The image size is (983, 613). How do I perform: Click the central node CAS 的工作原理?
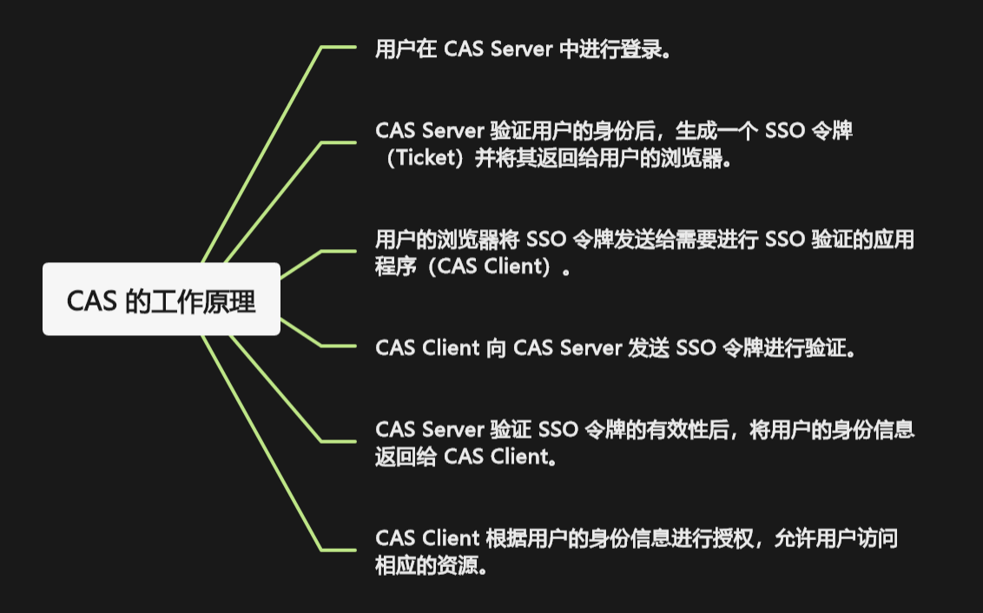(162, 299)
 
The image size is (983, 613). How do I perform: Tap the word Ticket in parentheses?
(429, 157)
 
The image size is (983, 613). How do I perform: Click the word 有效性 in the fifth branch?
(677, 429)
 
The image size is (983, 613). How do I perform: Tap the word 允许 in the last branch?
(795, 538)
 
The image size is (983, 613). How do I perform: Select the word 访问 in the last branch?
(877, 538)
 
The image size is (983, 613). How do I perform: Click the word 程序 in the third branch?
(396, 267)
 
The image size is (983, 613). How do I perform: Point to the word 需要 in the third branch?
(696, 240)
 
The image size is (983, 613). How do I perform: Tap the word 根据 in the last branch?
(506, 538)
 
